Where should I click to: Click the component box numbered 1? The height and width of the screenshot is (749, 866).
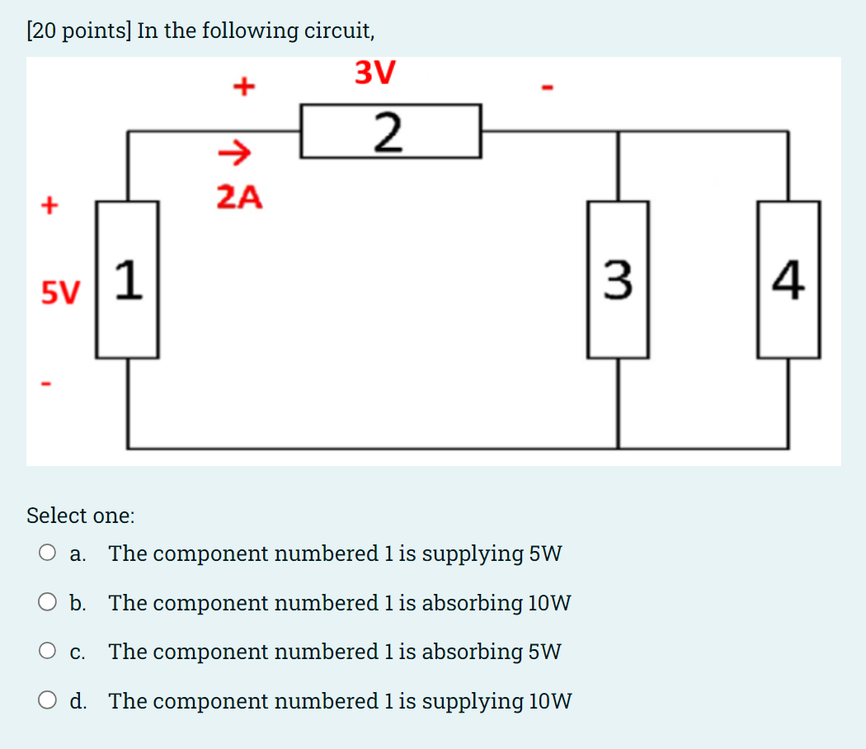[127, 280]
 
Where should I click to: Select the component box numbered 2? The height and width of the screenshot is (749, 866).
[390, 131]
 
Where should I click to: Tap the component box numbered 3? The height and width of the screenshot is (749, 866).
[618, 280]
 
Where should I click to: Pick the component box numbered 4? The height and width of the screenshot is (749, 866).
[788, 280]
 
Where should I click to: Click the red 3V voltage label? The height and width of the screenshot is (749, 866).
[375, 73]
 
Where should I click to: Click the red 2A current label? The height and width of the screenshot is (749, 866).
[239, 197]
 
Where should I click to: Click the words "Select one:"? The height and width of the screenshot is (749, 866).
[80, 516]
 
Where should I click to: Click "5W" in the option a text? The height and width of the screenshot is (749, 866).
[545, 553]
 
